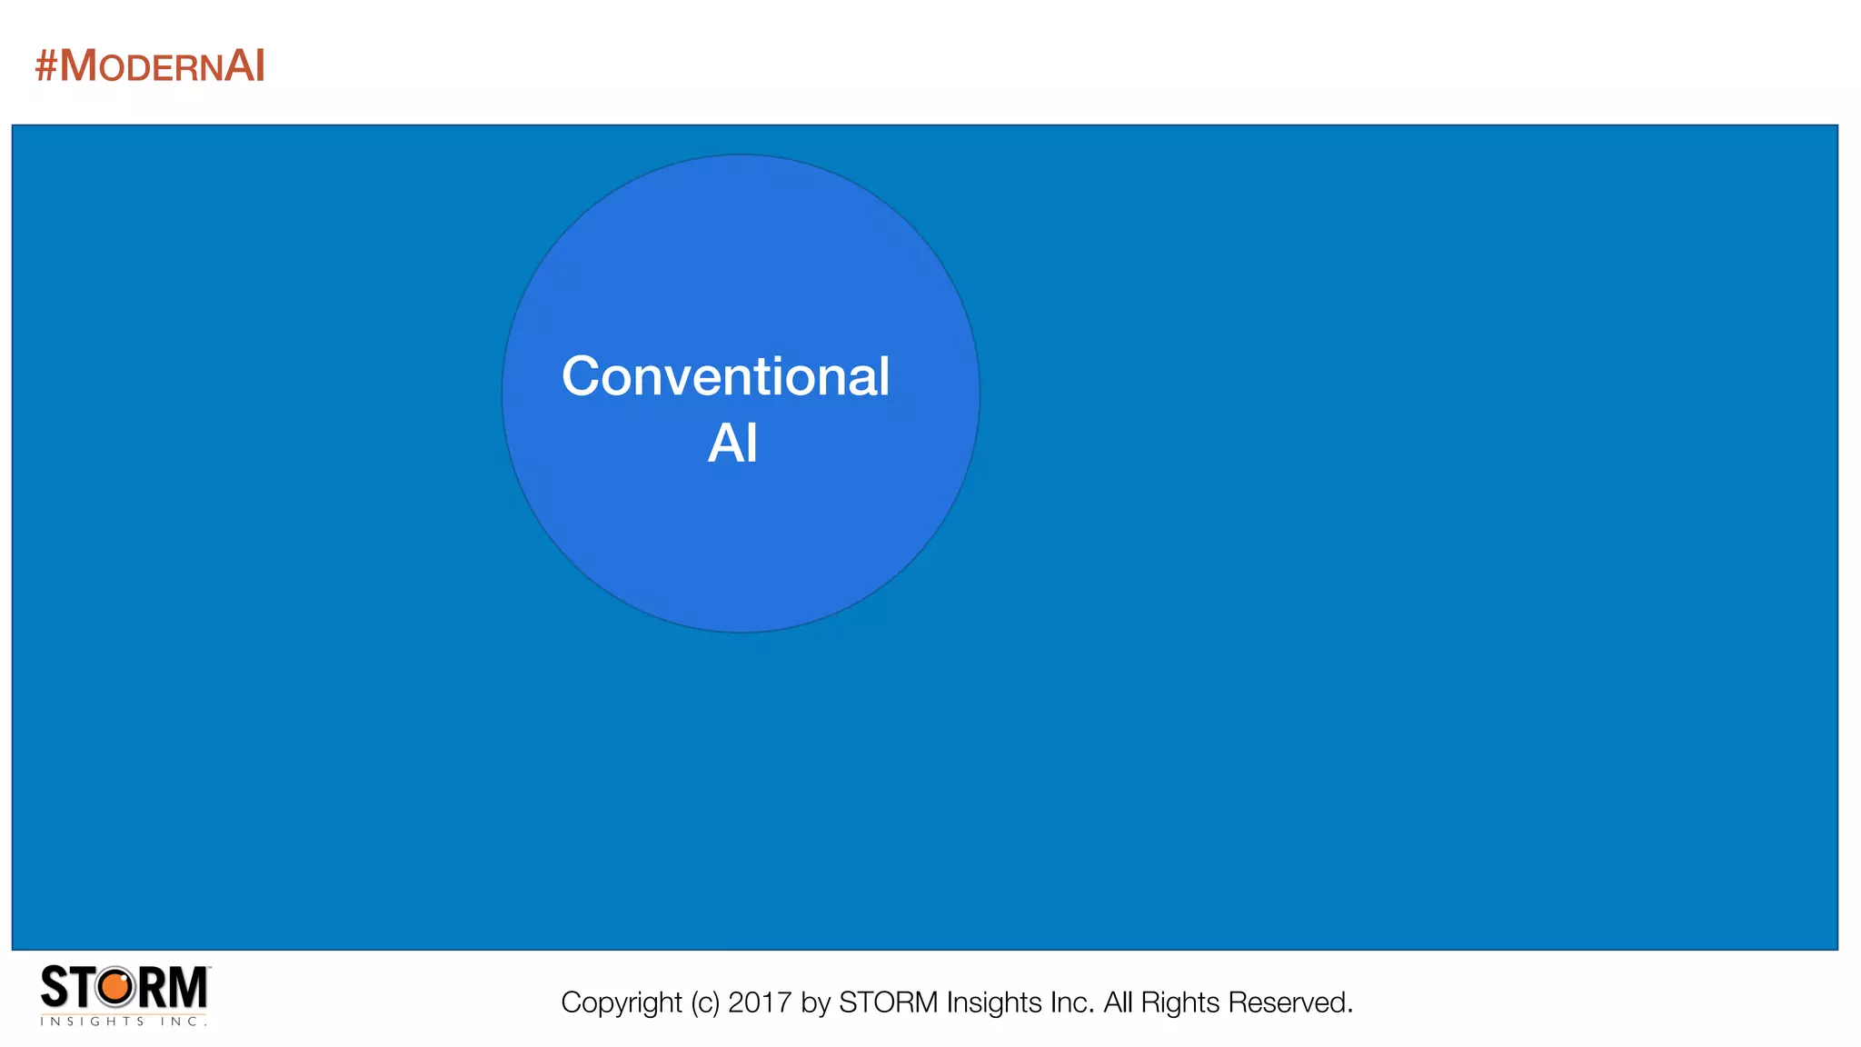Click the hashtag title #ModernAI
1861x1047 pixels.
150,66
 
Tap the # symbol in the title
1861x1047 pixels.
45,66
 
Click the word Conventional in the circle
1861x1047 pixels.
725,376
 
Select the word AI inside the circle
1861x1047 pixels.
732,444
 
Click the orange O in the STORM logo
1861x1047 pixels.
115,987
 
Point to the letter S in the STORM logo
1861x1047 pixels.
55,987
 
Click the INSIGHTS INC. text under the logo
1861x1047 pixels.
124,1022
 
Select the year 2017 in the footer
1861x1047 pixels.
760,1002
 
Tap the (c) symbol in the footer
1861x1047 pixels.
705,1002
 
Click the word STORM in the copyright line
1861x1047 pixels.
888,1002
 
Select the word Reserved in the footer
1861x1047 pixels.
1290,1002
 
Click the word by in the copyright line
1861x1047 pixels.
816,1002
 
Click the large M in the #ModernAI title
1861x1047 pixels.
78,66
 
